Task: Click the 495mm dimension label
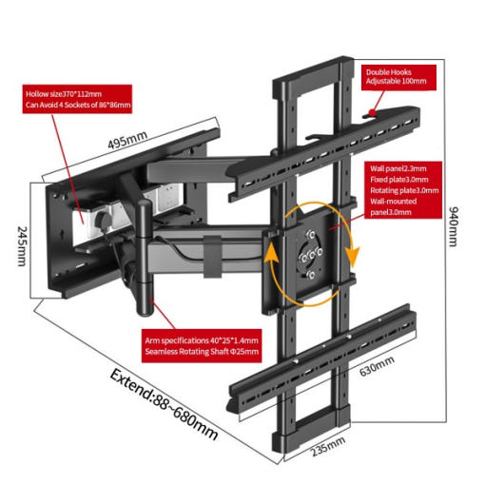(x=127, y=140)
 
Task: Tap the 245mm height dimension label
(x=22, y=246)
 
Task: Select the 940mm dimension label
(x=454, y=226)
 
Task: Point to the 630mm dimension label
(x=377, y=366)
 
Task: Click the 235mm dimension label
(x=327, y=446)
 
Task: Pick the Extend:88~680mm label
(x=164, y=404)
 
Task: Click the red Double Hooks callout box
(x=398, y=77)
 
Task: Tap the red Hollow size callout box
(x=77, y=99)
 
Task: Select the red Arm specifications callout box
(x=202, y=345)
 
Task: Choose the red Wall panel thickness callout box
(x=404, y=190)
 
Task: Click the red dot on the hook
(x=372, y=112)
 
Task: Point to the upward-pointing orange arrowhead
(x=271, y=252)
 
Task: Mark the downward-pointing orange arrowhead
(x=353, y=256)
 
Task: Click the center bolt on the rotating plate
(x=312, y=255)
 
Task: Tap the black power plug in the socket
(x=102, y=220)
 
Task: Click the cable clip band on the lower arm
(x=212, y=257)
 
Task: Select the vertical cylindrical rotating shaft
(x=145, y=258)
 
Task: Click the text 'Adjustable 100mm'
(x=396, y=81)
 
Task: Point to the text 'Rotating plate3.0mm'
(x=404, y=190)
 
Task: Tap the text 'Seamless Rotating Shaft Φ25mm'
(x=202, y=351)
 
